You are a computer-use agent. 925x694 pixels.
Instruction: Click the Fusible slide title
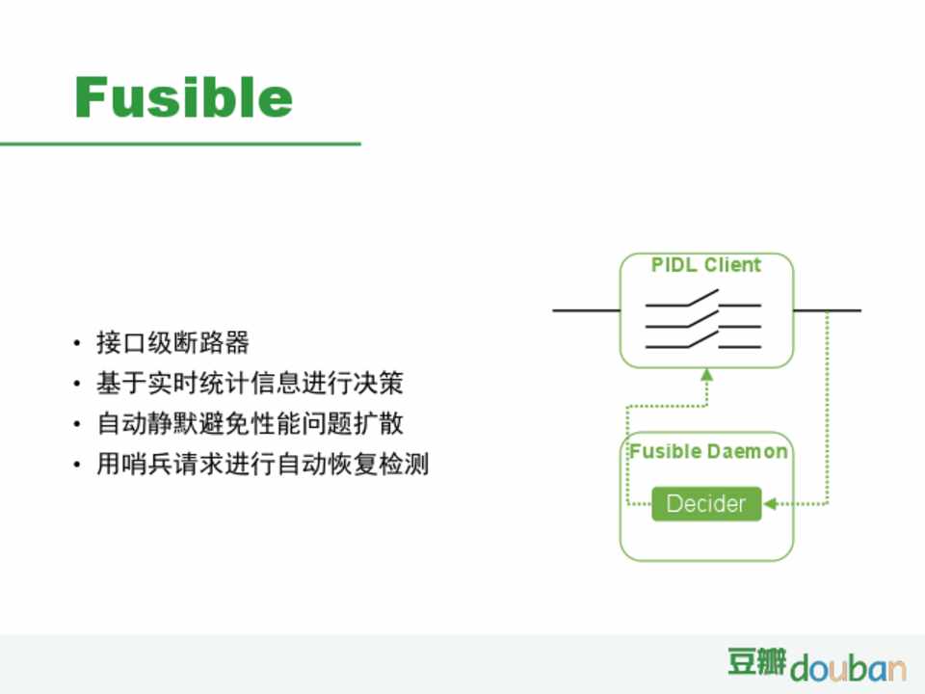[x=183, y=97]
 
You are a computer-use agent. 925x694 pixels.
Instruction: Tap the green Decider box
[x=706, y=503]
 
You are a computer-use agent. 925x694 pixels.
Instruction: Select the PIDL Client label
[x=706, y=264]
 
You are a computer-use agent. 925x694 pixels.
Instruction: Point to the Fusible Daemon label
[x=708, y=451]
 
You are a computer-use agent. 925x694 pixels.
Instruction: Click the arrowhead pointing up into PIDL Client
[x=706, y=375]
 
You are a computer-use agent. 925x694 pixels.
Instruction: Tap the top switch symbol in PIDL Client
[x=703, y=299]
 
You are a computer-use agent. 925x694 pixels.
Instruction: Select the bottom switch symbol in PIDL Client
[x=703, y=340]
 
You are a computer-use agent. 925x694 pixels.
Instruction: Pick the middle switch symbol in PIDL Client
[x=703, y=319]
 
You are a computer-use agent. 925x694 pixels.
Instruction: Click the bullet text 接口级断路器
[x=172, y=343]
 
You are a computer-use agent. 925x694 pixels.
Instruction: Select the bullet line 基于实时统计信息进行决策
[x=251, y=383]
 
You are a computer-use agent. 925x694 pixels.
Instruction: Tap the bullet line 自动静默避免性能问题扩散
[x=251, y=424]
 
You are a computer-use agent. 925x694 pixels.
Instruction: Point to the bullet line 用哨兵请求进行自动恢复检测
[x=262, y=464]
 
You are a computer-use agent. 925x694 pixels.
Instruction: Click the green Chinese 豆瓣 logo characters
[x=757, y=661]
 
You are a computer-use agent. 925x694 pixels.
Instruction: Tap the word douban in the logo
[x=848, y=668]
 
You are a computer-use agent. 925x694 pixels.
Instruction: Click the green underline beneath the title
[x=180, y=144]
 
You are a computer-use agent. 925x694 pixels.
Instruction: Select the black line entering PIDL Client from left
[x=587, y=309]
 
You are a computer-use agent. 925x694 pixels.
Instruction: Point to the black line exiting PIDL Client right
[x=827, y=309]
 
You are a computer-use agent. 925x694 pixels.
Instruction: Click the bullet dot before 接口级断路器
[x=77, y=343]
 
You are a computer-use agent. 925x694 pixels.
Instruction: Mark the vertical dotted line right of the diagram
[x=827, y=407]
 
